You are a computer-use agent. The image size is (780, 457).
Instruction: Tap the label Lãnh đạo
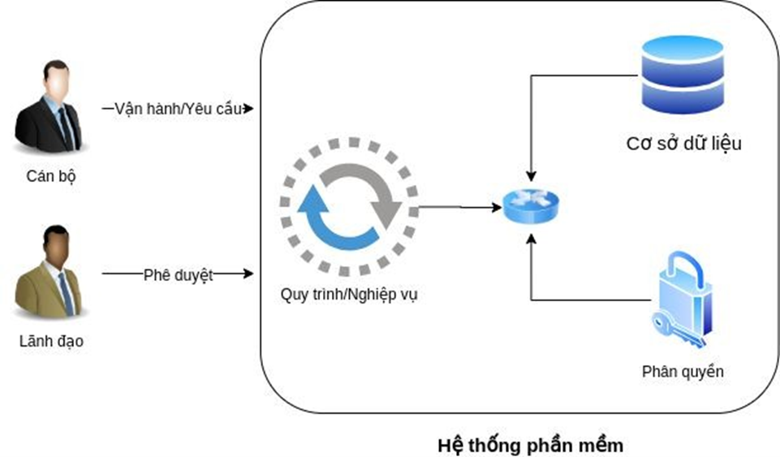(51, 342)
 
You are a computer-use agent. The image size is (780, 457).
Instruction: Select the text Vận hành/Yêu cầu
(178, 109)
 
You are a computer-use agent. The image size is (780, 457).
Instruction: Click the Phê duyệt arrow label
(179, 274)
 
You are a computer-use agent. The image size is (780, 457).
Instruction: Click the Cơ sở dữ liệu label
(684, 144)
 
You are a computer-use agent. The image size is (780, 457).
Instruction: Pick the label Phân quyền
(683, 372)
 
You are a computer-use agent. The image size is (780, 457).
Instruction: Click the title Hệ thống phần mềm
(531, 446)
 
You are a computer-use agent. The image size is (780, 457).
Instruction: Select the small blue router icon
(531, 208)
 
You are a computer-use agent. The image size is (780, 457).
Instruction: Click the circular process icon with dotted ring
(349, 208)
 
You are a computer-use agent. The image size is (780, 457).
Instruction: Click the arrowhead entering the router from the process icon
(496, 208)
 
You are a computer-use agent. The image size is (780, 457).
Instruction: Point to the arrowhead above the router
(531, 175)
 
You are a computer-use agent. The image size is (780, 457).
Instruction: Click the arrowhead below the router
(531, 237)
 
